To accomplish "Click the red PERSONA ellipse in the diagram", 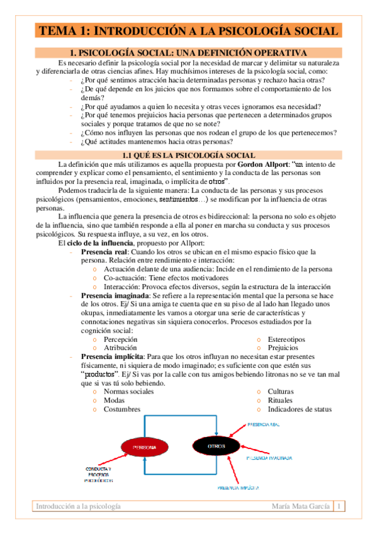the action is (x=144, y=447).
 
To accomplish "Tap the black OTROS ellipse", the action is (x=216, y=446).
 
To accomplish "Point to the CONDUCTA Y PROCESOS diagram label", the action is (x=98, y=474).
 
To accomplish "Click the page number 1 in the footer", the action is (x=339, y=506).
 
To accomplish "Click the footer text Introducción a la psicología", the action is (x=78, y=506).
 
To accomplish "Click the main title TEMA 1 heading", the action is (x=188, y=30).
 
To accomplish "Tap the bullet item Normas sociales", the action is (x=128, y=391).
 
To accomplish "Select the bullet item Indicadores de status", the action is (x=299, y=409).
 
